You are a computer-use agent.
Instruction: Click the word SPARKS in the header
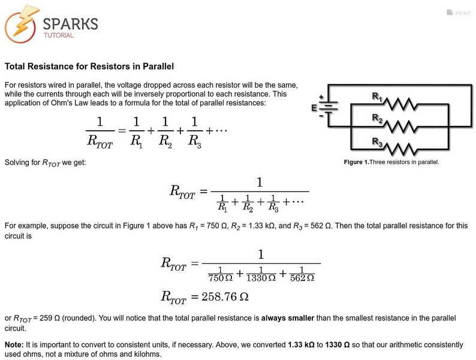70,23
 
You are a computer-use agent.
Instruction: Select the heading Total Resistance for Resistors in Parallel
89,66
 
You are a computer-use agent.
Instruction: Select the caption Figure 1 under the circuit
391,162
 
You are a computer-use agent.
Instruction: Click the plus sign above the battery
321,97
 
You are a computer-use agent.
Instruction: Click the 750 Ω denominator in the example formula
219,277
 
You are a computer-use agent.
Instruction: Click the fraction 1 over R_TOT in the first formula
100,133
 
